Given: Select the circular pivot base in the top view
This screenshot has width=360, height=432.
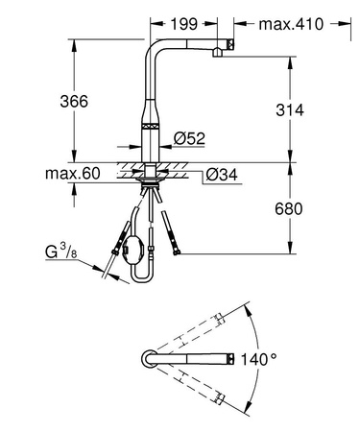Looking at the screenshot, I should pyautogui.click(x=149, y=359).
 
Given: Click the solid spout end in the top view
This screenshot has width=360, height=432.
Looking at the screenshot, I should pyautogui.click(x=228, y=359).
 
